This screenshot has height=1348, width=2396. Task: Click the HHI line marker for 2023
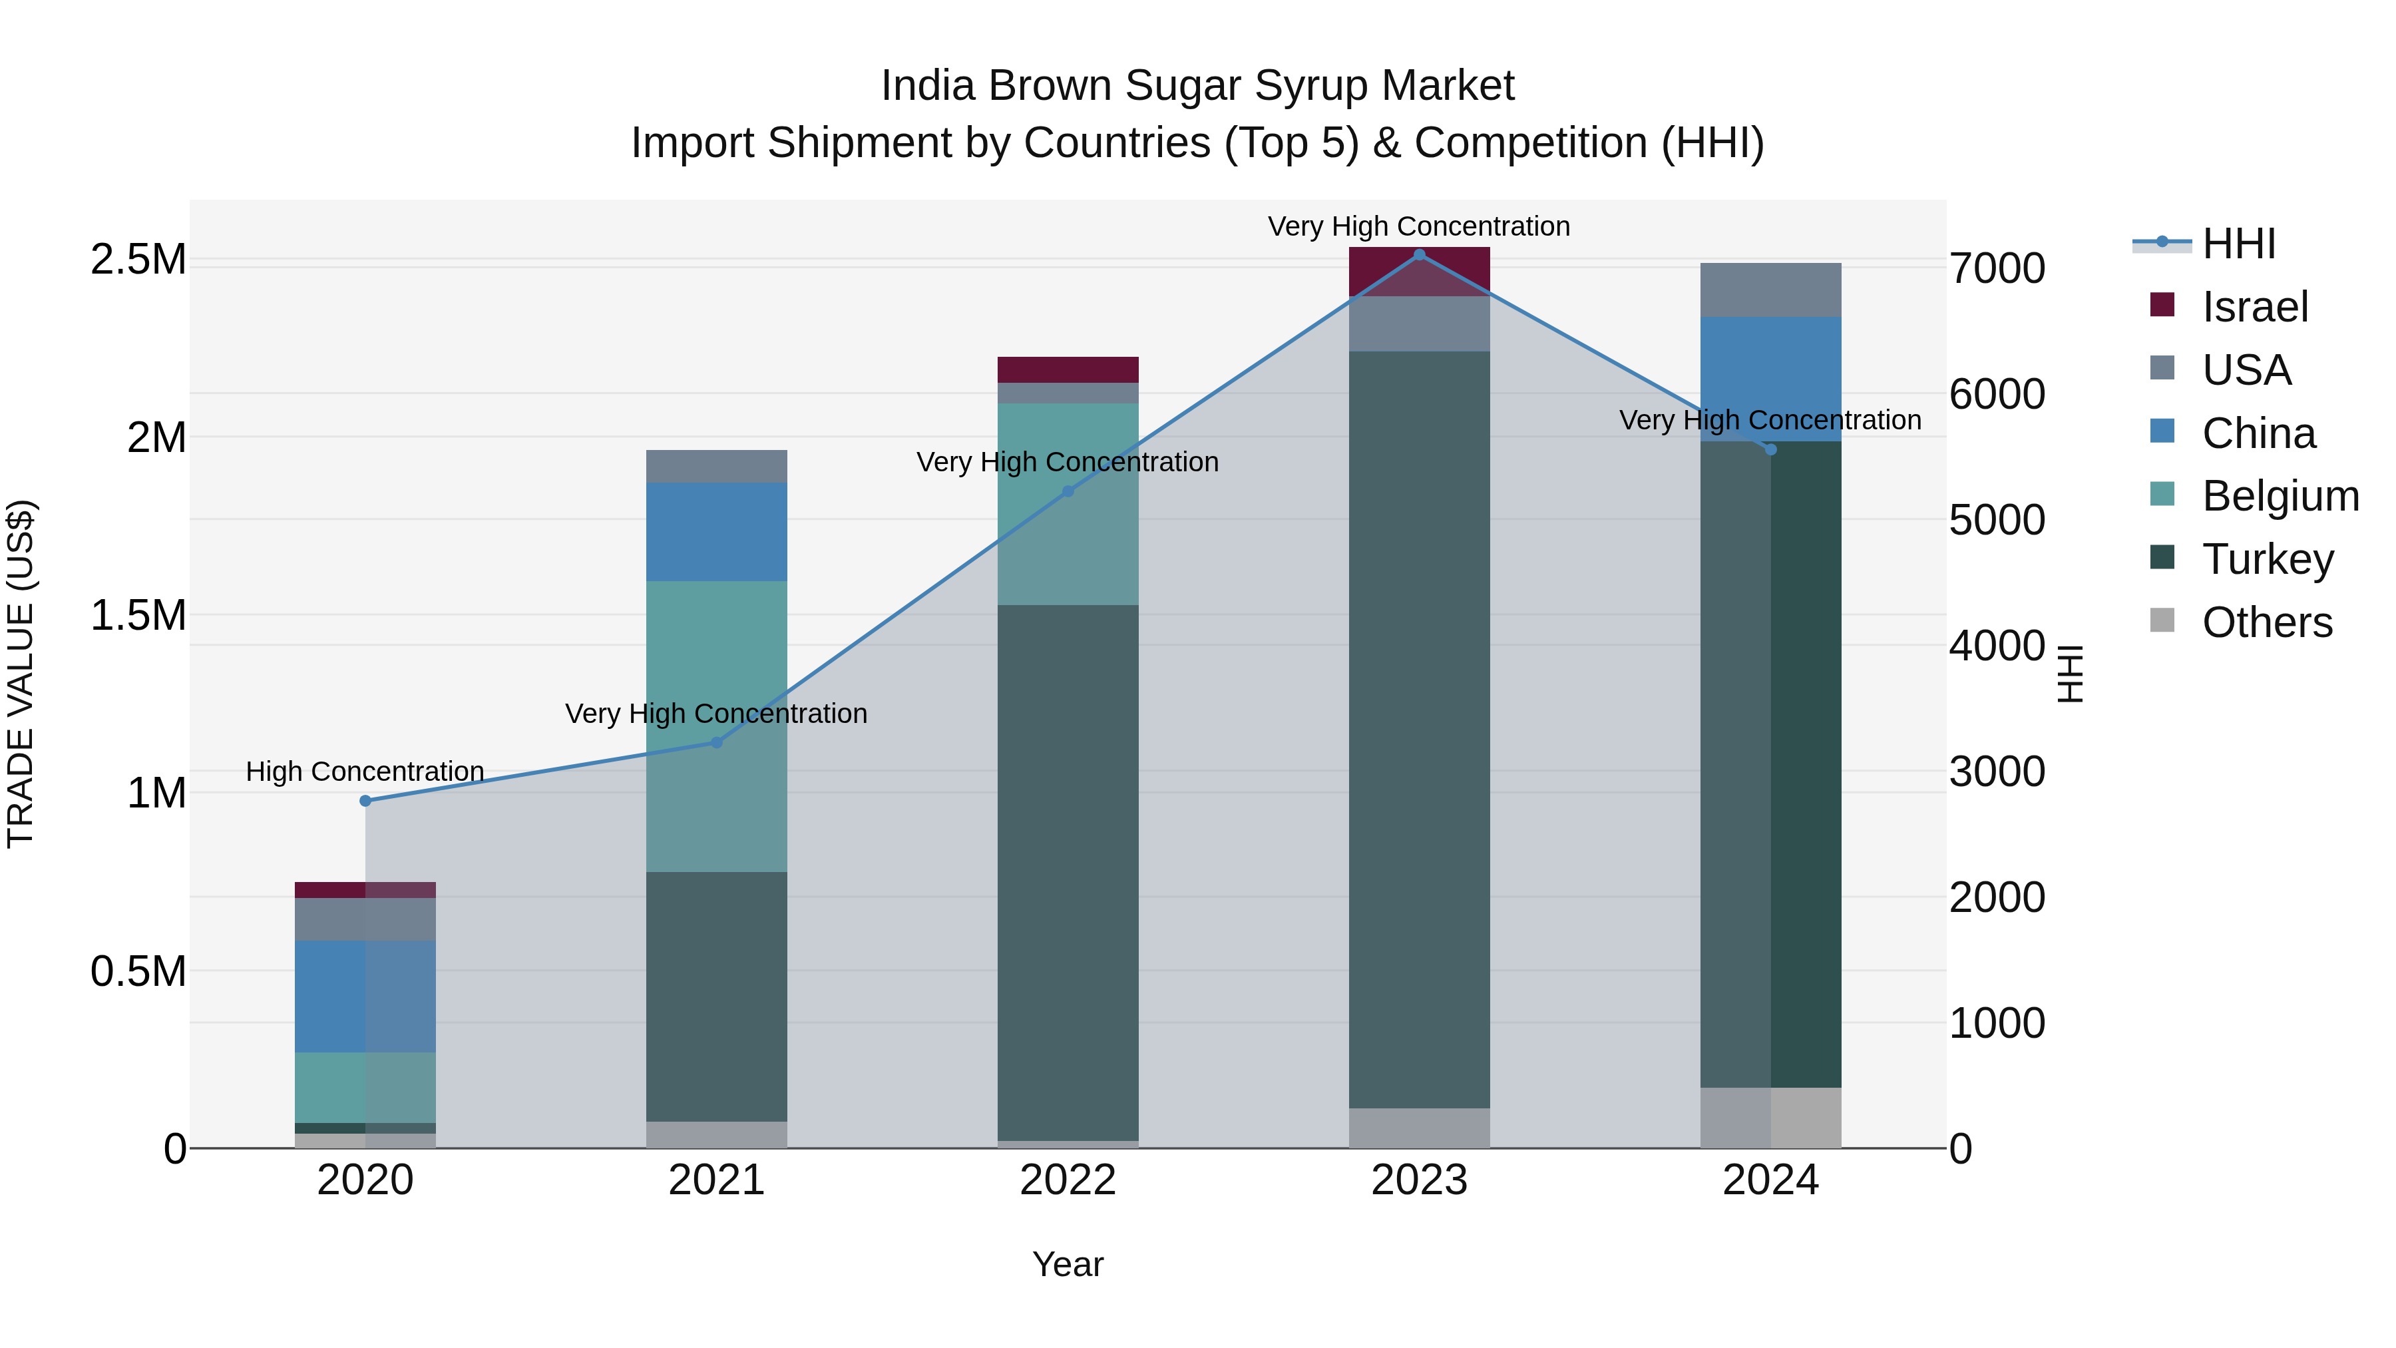pos(1420,254)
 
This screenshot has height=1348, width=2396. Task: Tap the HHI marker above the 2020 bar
pos(365,801)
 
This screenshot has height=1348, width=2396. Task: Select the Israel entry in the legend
pos(2255,307)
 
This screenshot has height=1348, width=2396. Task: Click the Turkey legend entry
pos(2268,559)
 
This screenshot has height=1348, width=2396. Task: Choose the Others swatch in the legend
pos(2162,620)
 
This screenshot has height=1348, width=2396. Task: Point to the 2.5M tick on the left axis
pos(138,260)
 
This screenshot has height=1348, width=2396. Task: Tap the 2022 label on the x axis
pos(1068,1180)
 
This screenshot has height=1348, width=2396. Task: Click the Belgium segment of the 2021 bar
pos(716,726)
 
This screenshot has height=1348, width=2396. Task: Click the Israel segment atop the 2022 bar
pos(1068,369)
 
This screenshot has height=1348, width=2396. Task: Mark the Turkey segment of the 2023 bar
pos(1420,730)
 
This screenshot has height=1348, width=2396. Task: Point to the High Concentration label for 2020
pos(365,772)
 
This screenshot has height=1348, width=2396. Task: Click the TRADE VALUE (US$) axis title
pos(21,674)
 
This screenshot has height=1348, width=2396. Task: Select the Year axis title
pos(1068,1264)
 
